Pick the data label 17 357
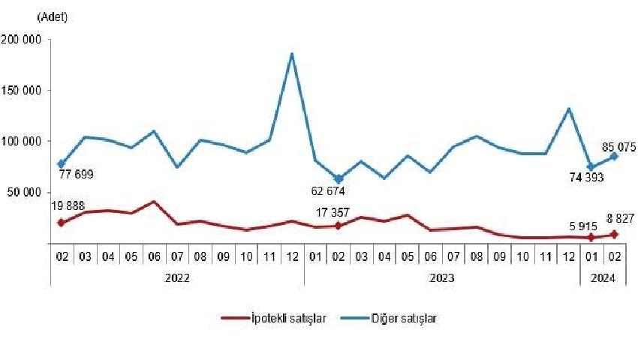(x=336, y=209)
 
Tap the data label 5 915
(x=579, y=220)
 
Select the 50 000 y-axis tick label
(x=23, y=192)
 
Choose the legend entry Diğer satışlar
(x=404, y=318)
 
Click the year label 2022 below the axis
(x=177, y=277)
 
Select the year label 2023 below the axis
(x=441, y=277)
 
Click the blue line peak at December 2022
(x=291, y=54)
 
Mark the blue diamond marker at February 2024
(x=615, y=156)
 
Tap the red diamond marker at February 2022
(x=61, y=223)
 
